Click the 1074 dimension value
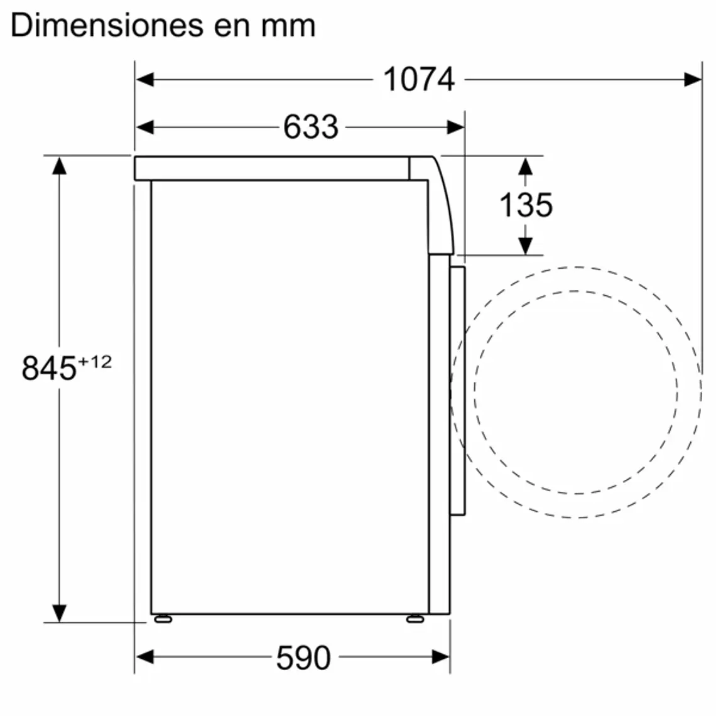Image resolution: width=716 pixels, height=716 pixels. [418, 80]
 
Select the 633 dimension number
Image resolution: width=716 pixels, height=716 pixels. [310, 127]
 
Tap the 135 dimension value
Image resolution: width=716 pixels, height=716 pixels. [526, 205]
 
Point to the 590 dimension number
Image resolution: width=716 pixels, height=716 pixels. [303, 658]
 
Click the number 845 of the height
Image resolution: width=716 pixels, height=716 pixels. [49, 368]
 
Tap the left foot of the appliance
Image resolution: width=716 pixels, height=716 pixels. [162, 619]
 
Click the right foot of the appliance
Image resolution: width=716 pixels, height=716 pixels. [415, 619]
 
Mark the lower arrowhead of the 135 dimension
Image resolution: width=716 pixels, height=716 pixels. [526, 246]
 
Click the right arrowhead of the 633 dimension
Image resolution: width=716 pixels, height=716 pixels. [456, 127]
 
